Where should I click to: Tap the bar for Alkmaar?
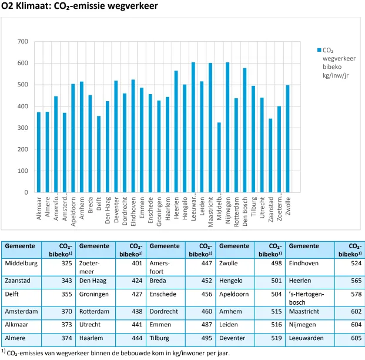(39, 152)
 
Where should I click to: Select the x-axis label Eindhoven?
(133, 211)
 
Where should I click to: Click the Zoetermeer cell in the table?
(89, 267)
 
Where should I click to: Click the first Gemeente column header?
(21, 246)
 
